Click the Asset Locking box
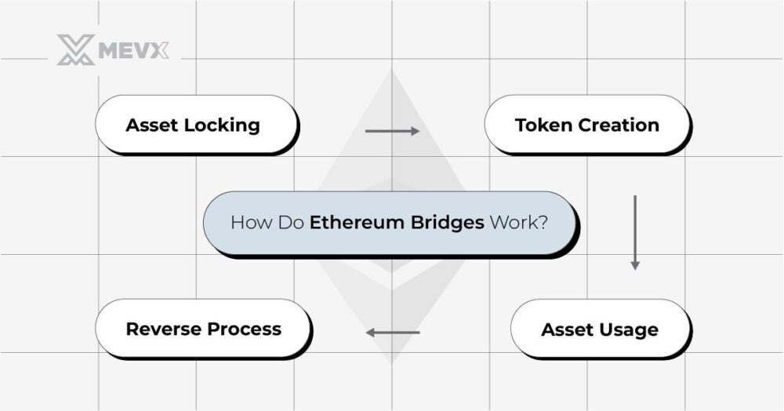196,124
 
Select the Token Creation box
586,124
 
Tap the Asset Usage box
600,329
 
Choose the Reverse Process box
203,329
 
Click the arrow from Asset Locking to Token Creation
392,130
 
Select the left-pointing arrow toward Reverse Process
393,333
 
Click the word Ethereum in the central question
357,222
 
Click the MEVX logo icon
75,50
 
